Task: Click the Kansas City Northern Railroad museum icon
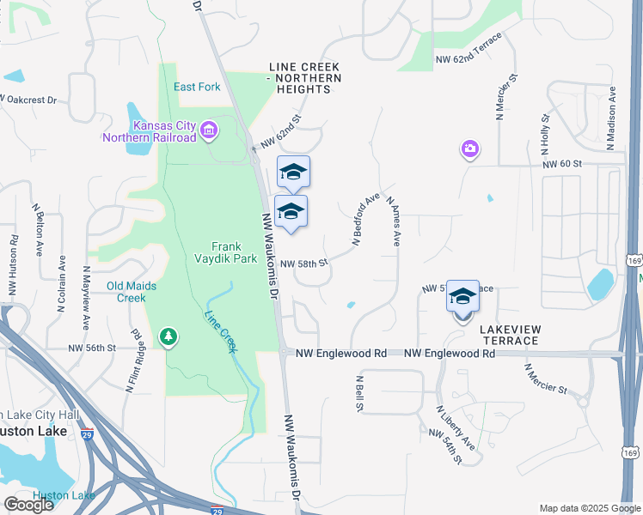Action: click(209, 131)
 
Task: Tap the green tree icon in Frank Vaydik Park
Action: click(168, 337)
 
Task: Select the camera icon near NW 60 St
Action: click(469, 149)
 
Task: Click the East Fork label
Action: click(197, 87)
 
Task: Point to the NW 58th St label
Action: click(304, 264)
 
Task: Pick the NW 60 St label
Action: click(562, 163)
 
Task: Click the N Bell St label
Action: click(358, 391)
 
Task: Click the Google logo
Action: click(28, 505)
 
